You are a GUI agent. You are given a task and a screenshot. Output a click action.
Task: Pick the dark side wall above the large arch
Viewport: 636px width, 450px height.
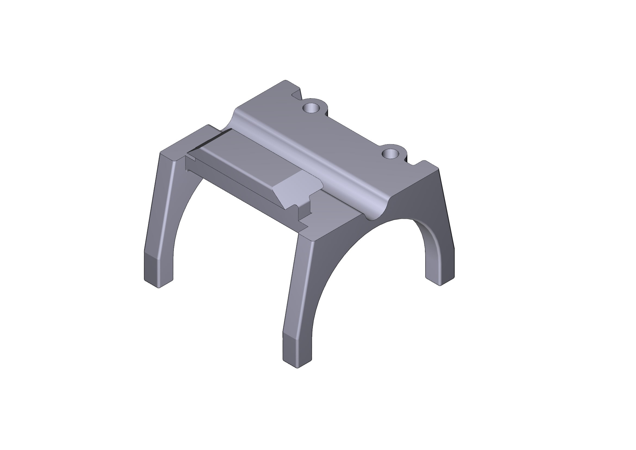(x=415, y=199)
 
